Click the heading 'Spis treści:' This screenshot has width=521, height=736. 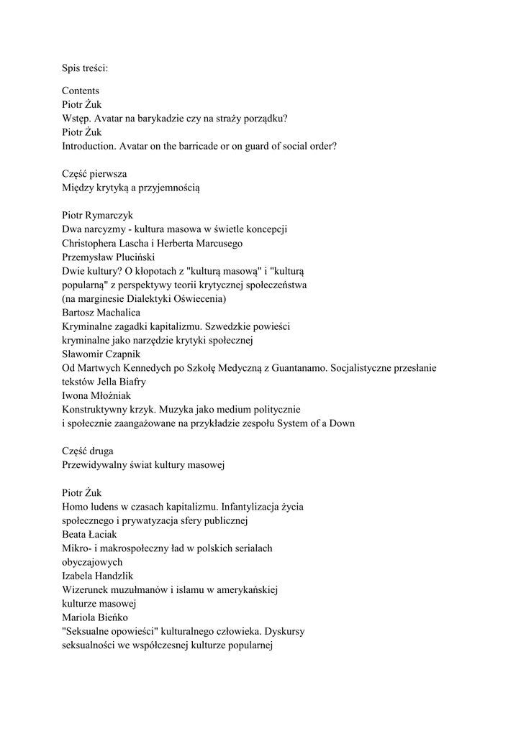(x=85, y=69)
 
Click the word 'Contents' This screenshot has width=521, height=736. (x=81, y=91)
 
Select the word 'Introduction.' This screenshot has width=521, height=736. (x=90, y=146)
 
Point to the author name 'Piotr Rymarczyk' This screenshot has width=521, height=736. (x=97, y=216)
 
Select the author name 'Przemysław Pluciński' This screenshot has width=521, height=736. (x=108, y=257)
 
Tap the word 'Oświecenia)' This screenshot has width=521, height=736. (x=200, y=298)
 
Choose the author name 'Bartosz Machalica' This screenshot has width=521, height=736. (x=101, y=312)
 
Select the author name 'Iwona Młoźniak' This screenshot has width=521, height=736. (x=96, y=395)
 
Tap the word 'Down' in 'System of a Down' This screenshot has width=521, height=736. (x=341, y=423)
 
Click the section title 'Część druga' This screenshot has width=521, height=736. (x=89, y=451)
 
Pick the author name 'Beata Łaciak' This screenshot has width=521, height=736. (x=89, y=534)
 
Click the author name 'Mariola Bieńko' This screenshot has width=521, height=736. (x=94, y=617)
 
